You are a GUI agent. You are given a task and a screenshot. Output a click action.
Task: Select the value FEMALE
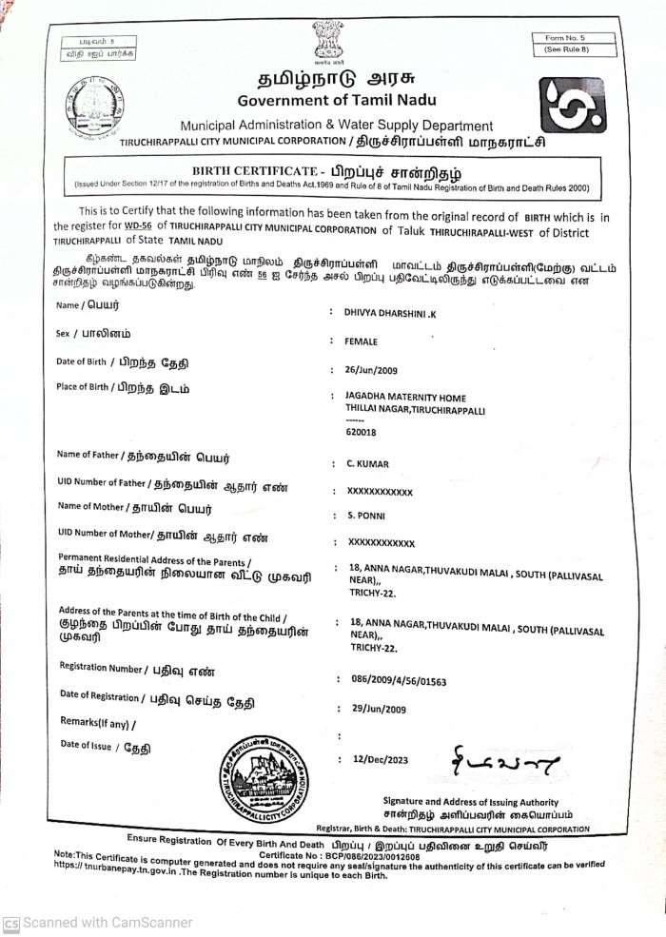click(x=362, y=341)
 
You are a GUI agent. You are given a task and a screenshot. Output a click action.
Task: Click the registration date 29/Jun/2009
click(x=380, y=709)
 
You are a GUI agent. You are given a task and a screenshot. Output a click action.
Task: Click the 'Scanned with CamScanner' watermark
click(x=98, y=922)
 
